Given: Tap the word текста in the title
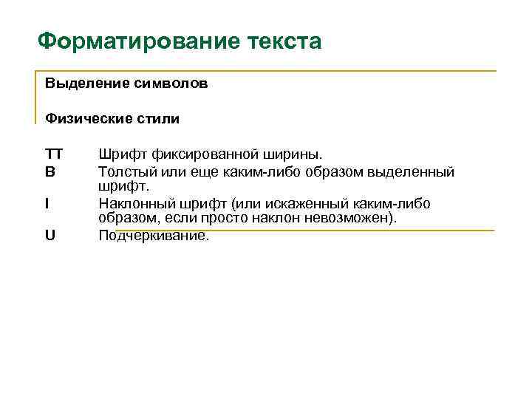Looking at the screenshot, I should [x=283, y=41].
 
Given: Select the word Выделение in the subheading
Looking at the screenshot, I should [x=88, y=83].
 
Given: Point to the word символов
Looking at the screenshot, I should [x=171, y=83].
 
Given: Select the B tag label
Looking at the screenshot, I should [x=50, y=171].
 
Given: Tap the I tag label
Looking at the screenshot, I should [x=47, y=203].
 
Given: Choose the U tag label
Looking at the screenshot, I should [x=50, y=236].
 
